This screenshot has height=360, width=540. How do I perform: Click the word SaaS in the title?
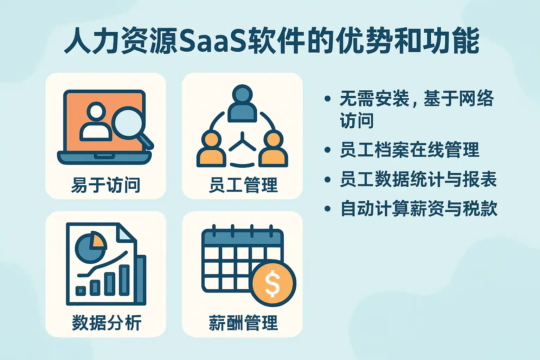click(213, 41)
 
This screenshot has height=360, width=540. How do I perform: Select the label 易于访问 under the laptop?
click(105, 185)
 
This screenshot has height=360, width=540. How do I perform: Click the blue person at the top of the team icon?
click(242, 103)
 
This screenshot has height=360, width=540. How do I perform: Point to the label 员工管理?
click(243, 185)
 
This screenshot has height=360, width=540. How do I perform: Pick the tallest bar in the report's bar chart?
click(124, 280)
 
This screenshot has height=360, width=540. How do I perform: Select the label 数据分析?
click(107, 323)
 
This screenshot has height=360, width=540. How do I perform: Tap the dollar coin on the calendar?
click(273, 283)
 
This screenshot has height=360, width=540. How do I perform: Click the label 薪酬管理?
click(243, 323)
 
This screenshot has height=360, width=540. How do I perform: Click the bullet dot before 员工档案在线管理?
click(327, 150)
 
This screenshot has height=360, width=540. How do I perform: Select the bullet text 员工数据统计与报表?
click(418, 179)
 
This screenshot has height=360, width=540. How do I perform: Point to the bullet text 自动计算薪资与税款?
click(419, 208)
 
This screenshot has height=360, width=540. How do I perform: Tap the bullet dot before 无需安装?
click(327, 99)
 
